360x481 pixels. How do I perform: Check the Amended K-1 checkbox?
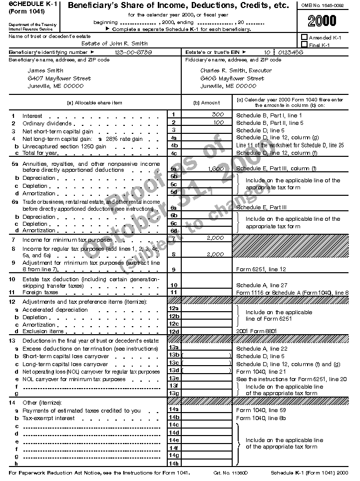(x=304, y=37)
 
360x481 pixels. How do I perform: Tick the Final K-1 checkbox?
(x=304, y=45)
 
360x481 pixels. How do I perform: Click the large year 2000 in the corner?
(x=322, y=21)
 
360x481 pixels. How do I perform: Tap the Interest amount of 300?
(x=217, y=115)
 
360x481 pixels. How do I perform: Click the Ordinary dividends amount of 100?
(x=218, y=122)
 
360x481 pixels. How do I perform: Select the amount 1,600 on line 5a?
(x=216, y=169)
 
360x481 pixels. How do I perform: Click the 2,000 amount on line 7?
(x=215, y=238)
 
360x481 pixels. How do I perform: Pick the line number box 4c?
(x=174, y=153)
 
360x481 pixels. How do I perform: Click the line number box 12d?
(x=174, y=331)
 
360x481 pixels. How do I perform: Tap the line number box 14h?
(x=174, y=463)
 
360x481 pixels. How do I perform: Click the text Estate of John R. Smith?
(x=114, y=43)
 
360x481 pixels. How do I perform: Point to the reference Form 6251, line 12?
(x=261, y=269)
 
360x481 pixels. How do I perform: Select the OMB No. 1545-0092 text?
(x=322, y=4)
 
